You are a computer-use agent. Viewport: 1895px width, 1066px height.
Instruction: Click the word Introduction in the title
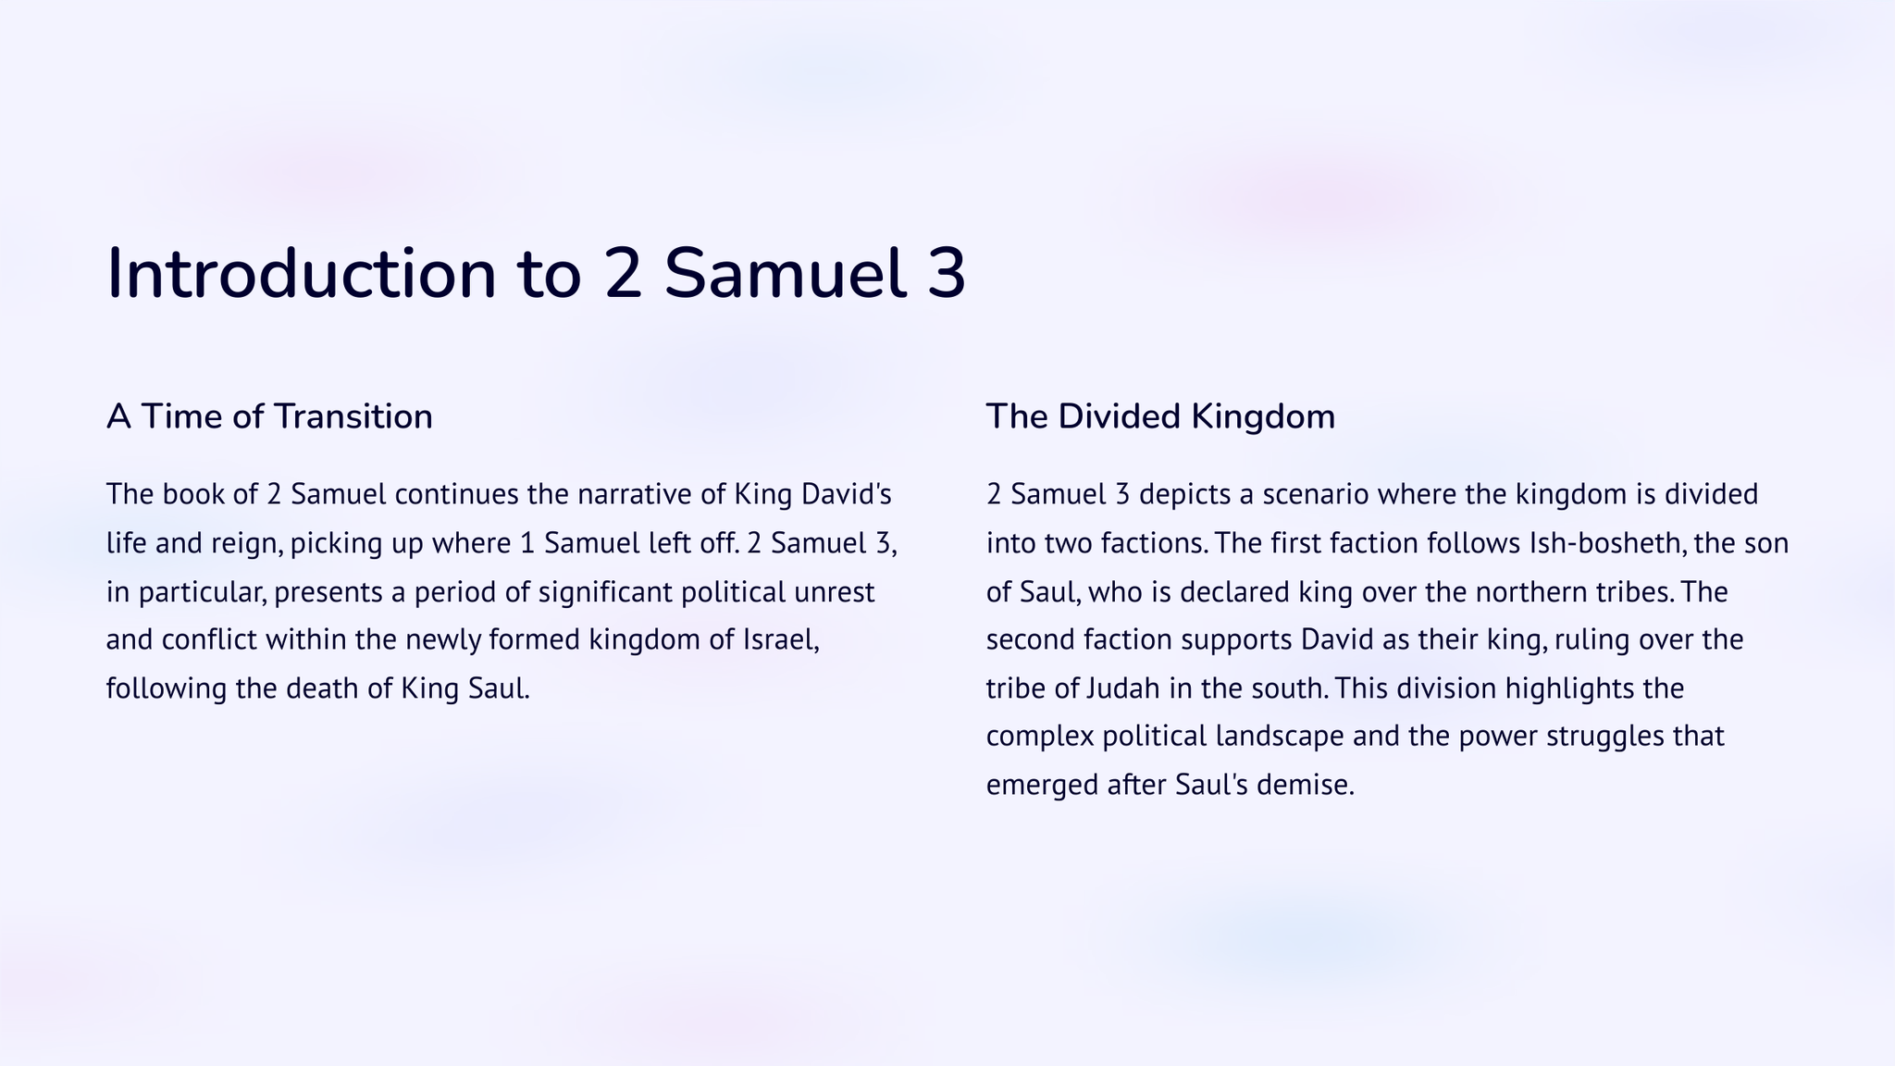pos(303,273)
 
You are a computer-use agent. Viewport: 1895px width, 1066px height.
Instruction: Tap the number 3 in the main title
pos(946,274)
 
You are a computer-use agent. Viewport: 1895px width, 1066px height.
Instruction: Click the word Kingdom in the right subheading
pos(1263,417)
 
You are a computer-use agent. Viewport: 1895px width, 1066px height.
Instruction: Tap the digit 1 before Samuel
pos(528,543)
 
